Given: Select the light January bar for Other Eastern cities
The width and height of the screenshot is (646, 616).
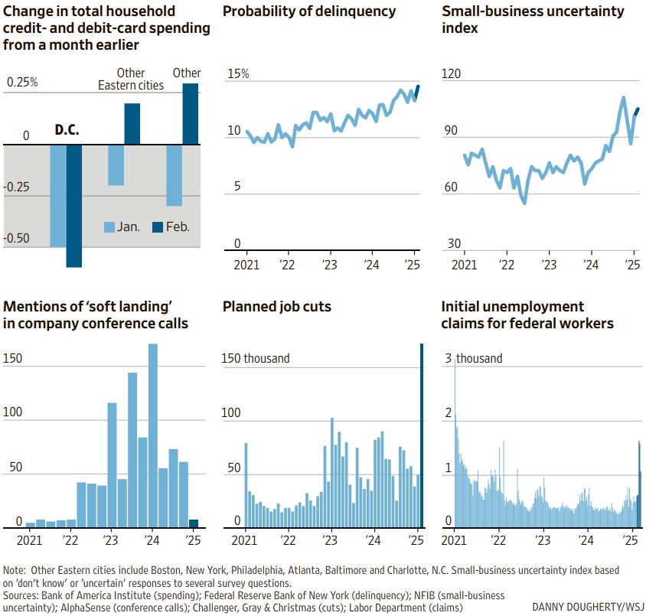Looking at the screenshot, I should pyautogui.click(x=116, y=165).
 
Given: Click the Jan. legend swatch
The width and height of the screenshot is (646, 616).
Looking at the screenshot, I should pyautogui.click(x=109, y=227).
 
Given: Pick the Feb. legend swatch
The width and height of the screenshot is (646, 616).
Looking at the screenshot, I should pyautogui.click(x=158, y=227).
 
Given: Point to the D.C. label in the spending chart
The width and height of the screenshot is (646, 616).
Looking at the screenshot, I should pyautogui.click(x=67, y=129).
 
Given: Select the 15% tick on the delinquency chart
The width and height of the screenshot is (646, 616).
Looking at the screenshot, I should pyautogui.click(x=238, y=74).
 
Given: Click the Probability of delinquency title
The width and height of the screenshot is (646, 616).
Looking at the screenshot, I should pyautogui.click(x=309, y=11).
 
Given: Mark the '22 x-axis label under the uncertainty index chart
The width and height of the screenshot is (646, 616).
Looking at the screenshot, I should pyautogui.click(x=506, y=265).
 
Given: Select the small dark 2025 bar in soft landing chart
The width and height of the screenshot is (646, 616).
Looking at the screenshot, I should pyautogui.click(x=193, y=523).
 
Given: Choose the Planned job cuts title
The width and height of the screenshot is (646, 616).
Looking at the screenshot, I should pyautogui.click(x=277, y=306).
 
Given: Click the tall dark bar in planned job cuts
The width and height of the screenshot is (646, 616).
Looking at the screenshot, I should pyautogui.click(x=421, y=435).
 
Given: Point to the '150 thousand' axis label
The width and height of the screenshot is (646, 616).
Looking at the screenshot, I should pyautogui.click(x=256, y=358).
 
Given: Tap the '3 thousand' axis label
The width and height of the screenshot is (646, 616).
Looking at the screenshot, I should pyautogui.click(x=475, y=358).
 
